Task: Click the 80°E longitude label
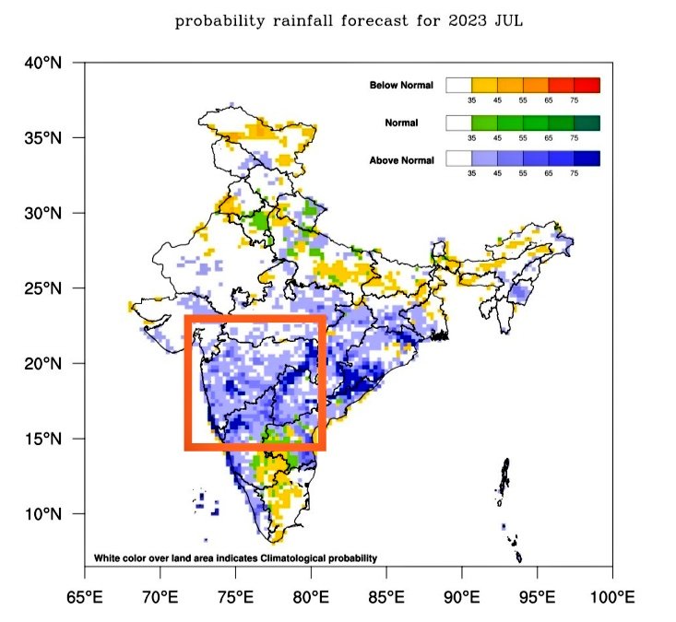[x=311, y=596]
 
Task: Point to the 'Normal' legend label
[x=402, y=123]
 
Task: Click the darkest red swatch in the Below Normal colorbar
[x=587, y=86]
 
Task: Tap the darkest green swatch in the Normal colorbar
[x=587, y=123]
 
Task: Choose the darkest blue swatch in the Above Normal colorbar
[x=587, y=159]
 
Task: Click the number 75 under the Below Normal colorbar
[x=574, y=100]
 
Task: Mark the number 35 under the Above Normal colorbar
[x=471, y=173]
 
